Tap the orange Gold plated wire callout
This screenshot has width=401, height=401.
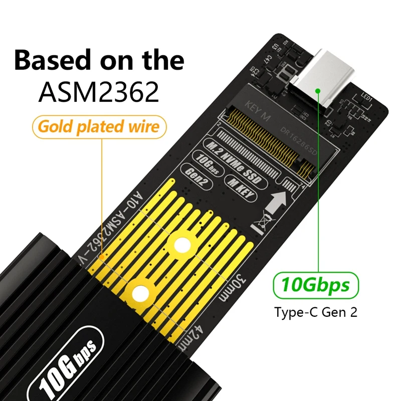[x=99, y=127]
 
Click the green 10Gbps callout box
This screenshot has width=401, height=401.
[x=315, y=286]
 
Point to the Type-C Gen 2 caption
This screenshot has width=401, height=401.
[x=315, y=313]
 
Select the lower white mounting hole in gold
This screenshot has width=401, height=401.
[x=141, y=291]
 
